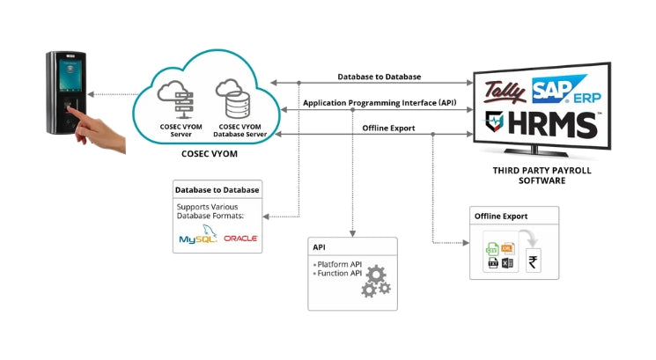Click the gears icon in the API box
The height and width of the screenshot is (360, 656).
coord(374,281)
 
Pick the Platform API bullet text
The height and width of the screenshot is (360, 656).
coord(337,264)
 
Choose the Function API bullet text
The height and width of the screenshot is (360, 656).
coord(337,274)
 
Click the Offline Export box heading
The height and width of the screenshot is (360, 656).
coord(502,216)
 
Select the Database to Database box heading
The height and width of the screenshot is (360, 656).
coord(217,189)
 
